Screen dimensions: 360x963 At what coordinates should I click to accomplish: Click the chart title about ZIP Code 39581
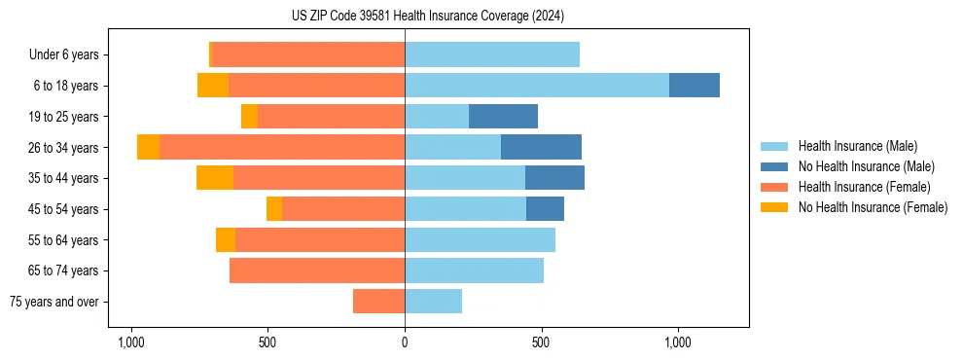pyautogui.click(x=427, y=17)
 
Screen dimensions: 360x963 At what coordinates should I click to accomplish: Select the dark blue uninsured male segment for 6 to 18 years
pyautogui.click(x=694, y=86)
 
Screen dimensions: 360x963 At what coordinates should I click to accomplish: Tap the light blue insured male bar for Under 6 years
pyautogui.click(x=492, y=54)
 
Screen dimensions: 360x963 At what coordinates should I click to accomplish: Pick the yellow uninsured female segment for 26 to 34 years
pyautogui.click(x=148, y=147)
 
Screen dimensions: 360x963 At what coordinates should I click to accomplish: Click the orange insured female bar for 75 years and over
pyautogui.click(x=378, y=302)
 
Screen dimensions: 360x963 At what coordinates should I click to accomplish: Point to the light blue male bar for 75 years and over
pyautogui.click(x=433, y=302)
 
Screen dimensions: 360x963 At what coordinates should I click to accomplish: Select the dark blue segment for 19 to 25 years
pyautogui.click(x=503, y=117)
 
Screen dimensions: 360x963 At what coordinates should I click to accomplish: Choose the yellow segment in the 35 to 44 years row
pyautogui.click(x=215, y=178)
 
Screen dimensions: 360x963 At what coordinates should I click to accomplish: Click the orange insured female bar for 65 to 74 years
pyautogui.click(x=317, y=270)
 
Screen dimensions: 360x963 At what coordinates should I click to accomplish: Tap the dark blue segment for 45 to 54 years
pyautogui.click(x=545, y=209)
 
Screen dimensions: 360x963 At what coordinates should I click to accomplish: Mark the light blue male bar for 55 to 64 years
pyautogui.click(x=480, y=240)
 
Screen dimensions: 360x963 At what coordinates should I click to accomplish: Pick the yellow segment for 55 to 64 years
pyautogui.click(x=226, y=240)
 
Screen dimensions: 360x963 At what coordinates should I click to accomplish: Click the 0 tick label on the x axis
pyautogui.click(x=405, y=342)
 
